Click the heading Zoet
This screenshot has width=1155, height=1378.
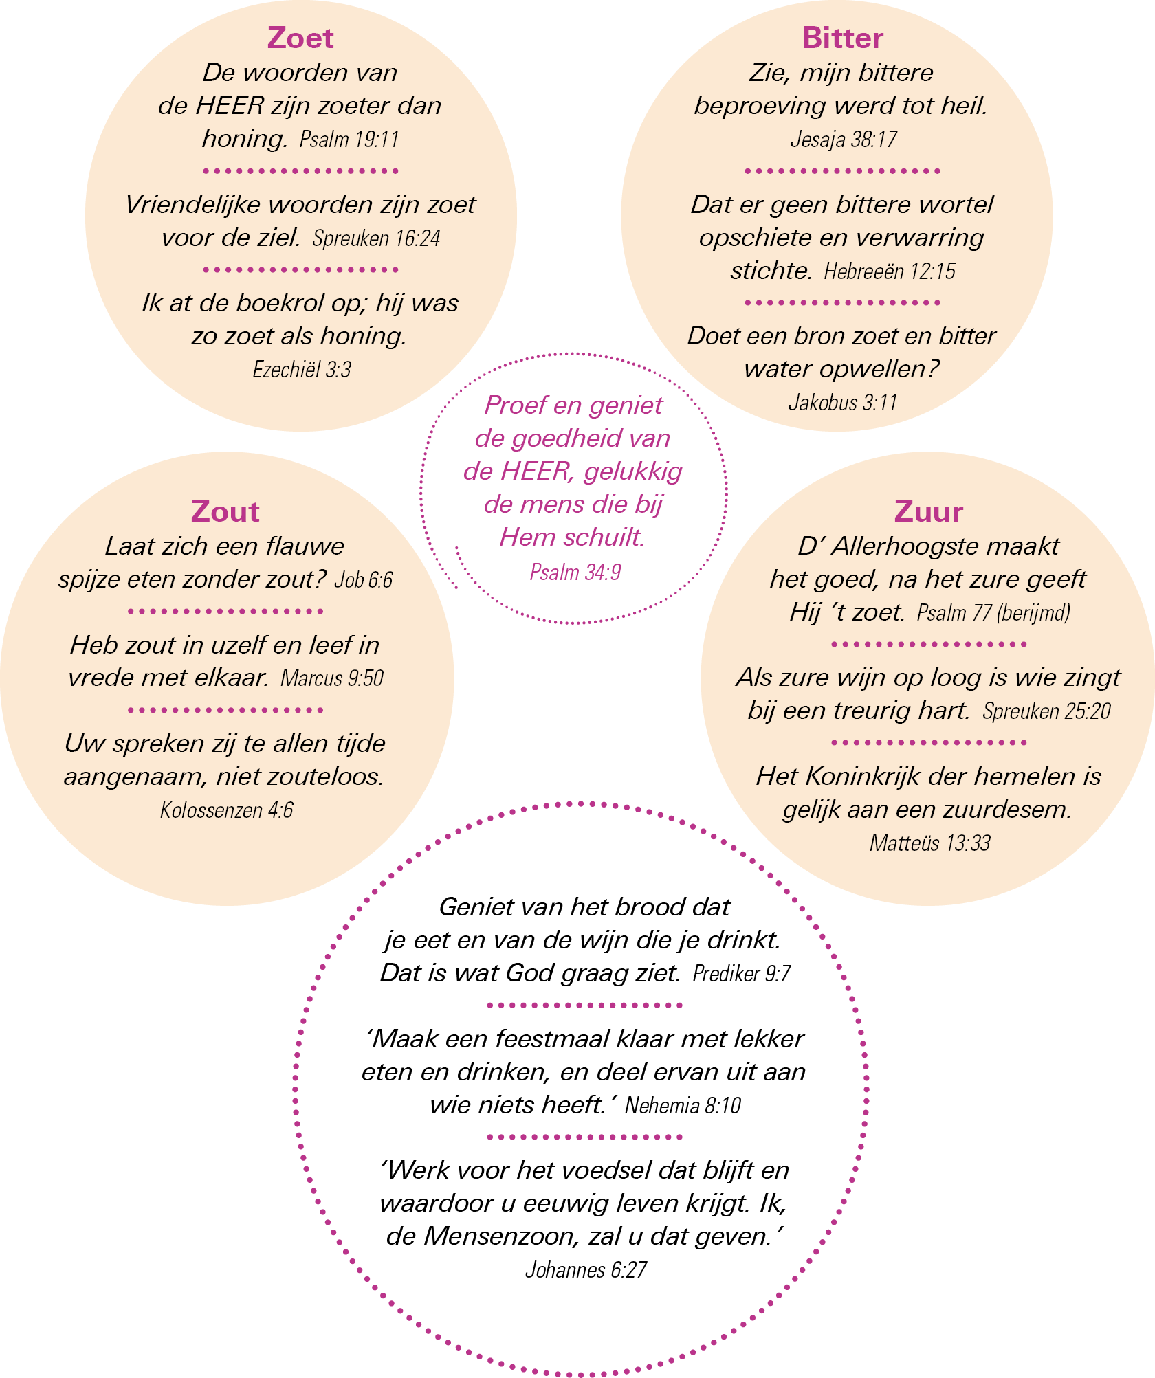[300, 38]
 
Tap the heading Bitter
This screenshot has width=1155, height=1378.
[842, 38]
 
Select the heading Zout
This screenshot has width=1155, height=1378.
[225, 511]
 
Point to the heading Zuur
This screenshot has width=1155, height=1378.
[928, 511]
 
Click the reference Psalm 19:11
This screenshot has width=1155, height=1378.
[349, 140]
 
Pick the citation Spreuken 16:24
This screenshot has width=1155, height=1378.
[376, 238]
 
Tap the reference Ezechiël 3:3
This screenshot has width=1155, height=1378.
[302, 370]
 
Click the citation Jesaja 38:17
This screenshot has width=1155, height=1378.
[844, 140]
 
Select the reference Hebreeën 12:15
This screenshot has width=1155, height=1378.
[890, 271]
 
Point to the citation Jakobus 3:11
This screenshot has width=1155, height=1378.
[843, 403]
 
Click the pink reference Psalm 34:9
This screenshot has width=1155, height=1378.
[575, 572]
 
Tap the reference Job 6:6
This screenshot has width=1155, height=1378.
[364, 580]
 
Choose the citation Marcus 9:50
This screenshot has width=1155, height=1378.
[332, 678]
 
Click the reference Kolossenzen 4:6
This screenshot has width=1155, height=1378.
[227, 810]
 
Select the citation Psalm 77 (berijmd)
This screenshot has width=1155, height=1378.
[993, 612]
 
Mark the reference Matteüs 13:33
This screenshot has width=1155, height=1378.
[929, 843]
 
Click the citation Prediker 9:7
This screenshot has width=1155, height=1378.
[742, 974]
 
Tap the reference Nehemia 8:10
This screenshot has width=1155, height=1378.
[683, 1106]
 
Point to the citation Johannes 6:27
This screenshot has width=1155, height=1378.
[586, 1270]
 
